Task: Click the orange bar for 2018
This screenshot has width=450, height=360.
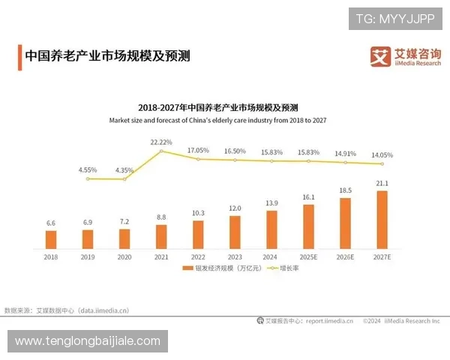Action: coord(51,239)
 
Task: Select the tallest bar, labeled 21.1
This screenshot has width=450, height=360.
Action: coord(382,219)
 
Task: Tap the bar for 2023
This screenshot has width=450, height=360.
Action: coord(235,232)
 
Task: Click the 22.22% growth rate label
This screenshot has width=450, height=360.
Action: coord(161,142)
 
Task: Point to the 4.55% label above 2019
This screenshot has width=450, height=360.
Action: coord(88,169)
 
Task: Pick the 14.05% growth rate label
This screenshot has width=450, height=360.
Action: coord(382,154)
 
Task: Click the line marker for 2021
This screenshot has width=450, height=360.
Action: coord(161,151)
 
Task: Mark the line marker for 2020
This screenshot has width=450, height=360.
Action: coord(124,178)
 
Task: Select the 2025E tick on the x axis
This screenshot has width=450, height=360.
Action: coord(308,256)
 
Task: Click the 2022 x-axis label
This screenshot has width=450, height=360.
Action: coord(198,256)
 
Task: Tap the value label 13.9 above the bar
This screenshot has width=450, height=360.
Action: coord(271,204)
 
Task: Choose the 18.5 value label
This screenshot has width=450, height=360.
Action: coord(345,191)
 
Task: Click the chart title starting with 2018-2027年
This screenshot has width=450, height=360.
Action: coord(217,107)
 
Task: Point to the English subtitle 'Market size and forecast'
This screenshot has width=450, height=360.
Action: coord(217,120)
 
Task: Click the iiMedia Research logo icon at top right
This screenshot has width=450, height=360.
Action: coord(380,56)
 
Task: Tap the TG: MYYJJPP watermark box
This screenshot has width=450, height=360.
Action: coord(395,18)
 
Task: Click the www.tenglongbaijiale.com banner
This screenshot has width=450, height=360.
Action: coord(88,341)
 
